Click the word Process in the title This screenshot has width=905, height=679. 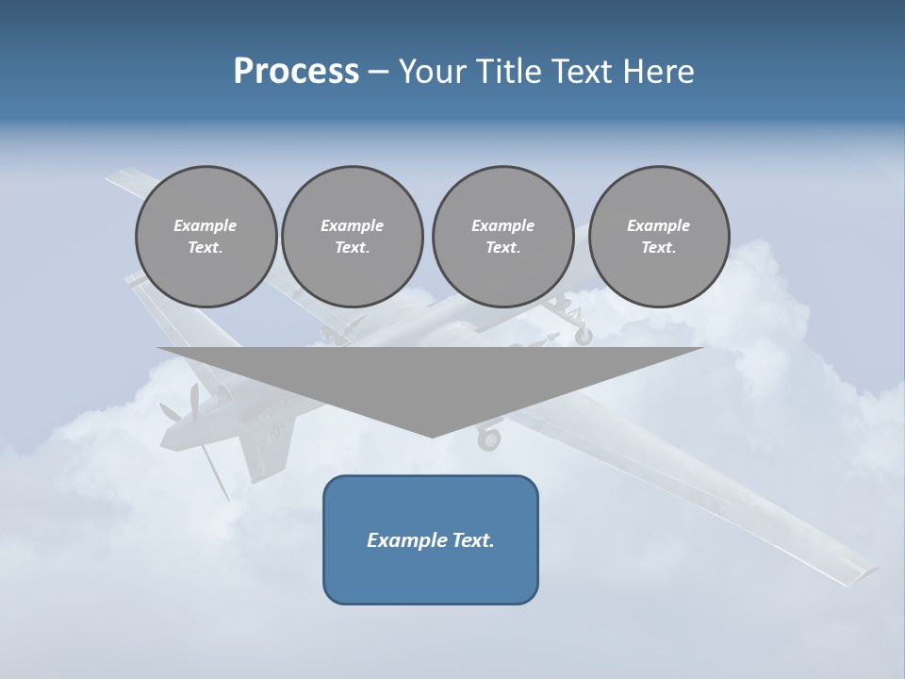coord(296,72)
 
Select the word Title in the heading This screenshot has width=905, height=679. coord(510,72)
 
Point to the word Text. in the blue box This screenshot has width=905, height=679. coord(473,540)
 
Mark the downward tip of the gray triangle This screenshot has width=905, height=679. coord(432,435)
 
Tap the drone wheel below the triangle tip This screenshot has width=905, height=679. coord(488,439)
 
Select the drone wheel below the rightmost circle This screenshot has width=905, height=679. coord(584,335)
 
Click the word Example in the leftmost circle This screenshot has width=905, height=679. coord(206,225)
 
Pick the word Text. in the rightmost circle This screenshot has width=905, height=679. coord(659,247)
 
